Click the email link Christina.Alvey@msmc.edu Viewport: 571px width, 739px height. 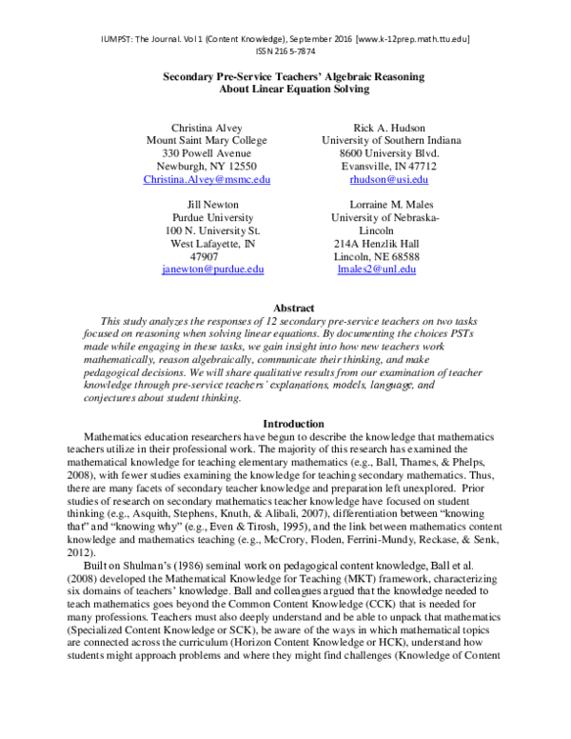click(207, 179)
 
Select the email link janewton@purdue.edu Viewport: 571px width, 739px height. click(212, 270)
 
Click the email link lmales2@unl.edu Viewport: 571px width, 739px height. click(377, 270)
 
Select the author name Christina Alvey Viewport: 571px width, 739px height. click(207, 127)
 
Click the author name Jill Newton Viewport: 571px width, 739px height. click(212, 204)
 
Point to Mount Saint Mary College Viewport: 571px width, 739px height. click(207, 140)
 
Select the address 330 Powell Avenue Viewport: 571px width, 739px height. click(207, 152)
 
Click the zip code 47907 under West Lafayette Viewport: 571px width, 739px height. click(205, 257)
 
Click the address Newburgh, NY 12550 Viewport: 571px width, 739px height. click(207, 166)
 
